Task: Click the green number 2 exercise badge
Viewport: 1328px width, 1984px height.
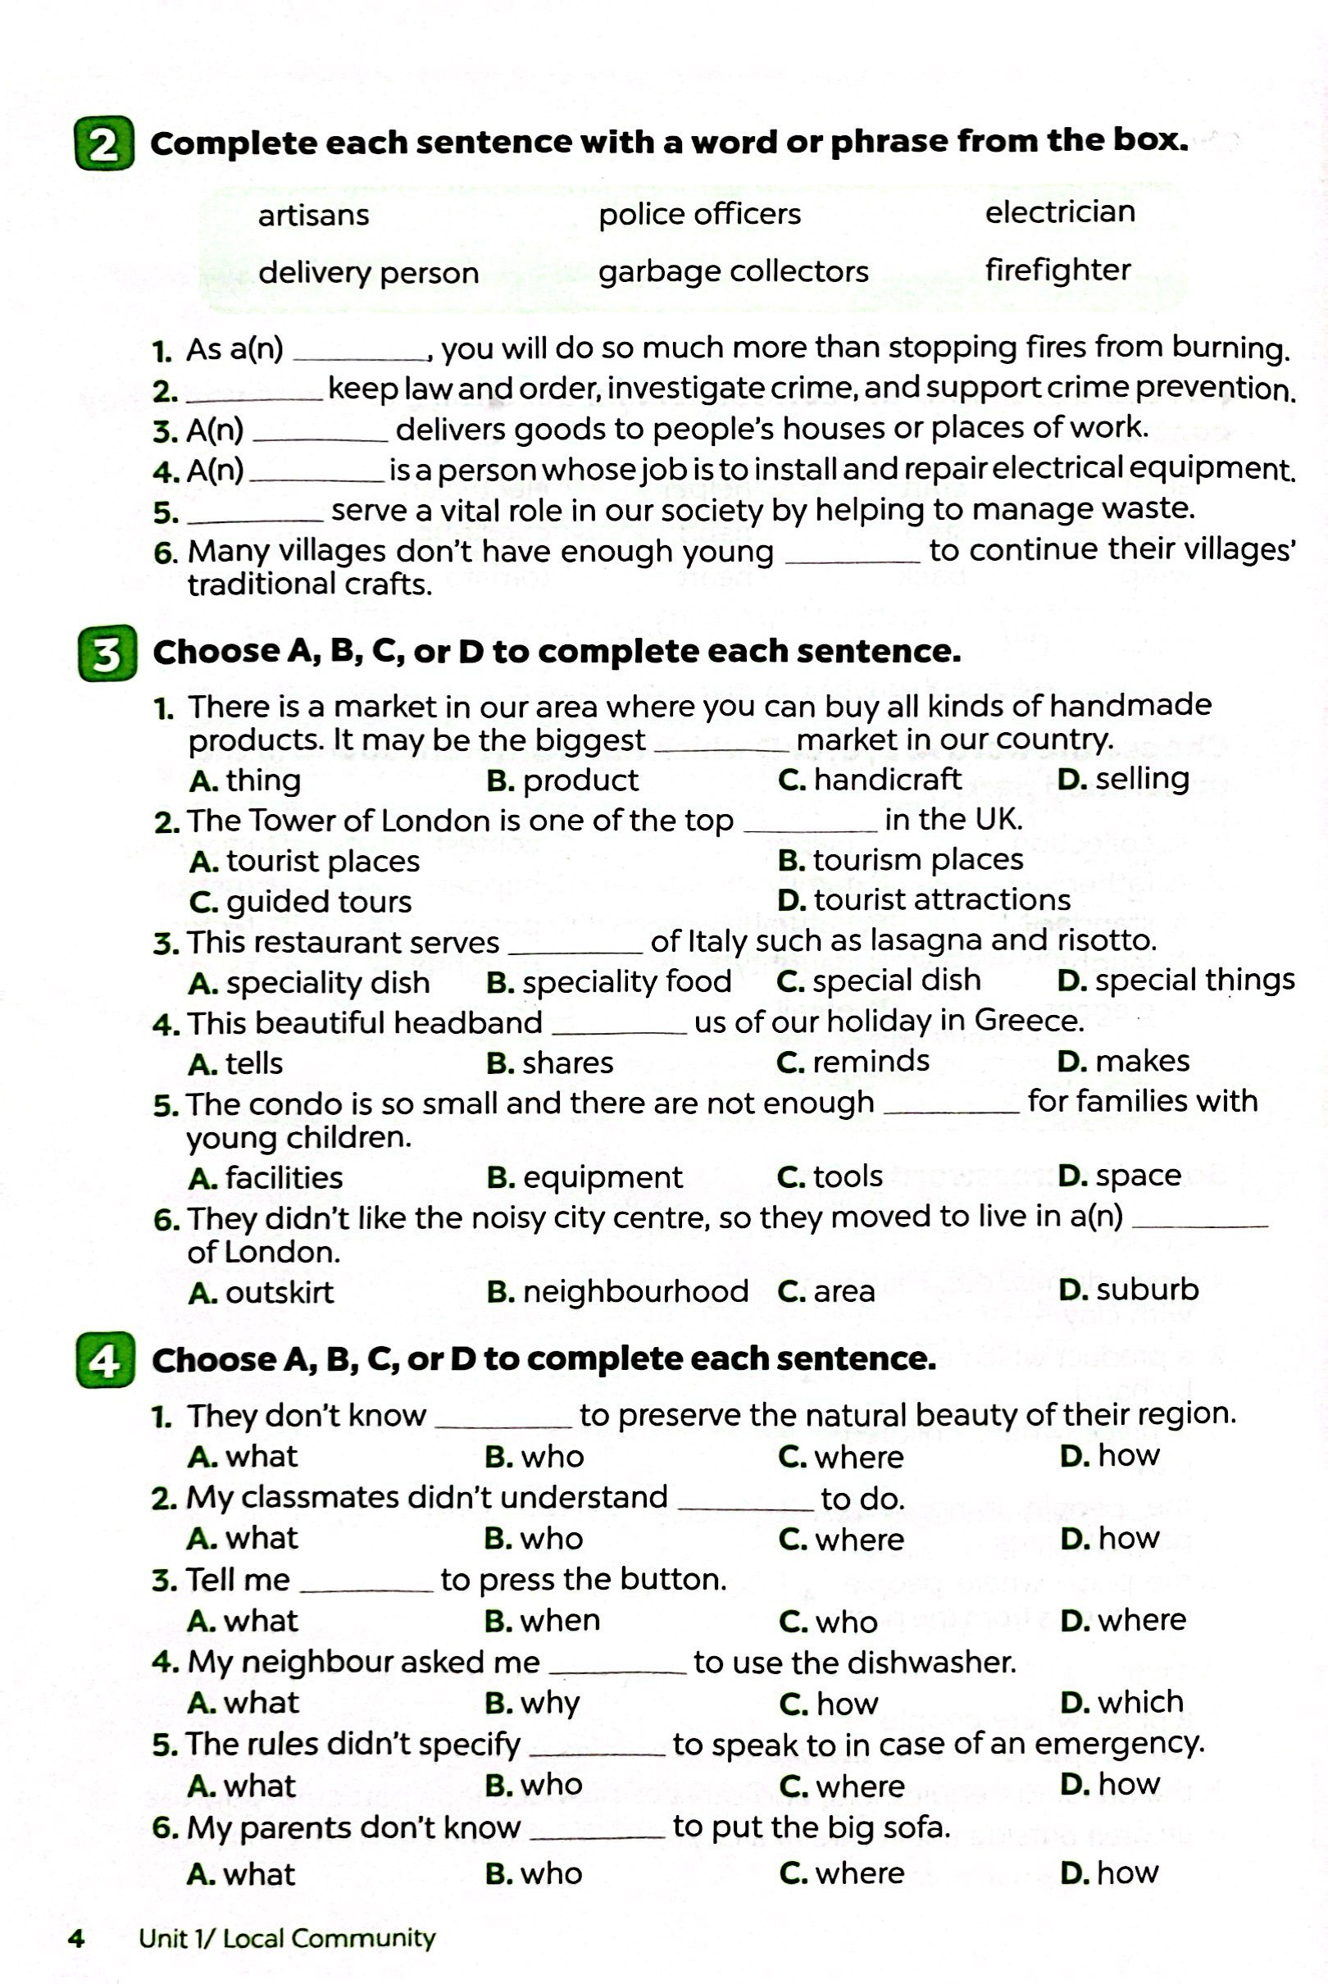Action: point(104,144)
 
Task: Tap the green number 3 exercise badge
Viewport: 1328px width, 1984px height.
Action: point(107,653)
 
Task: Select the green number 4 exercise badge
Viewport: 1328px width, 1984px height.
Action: point(105,1361)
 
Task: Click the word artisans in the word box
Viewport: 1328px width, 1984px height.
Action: point(313,215)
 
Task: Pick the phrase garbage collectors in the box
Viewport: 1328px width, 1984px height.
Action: point(734,272)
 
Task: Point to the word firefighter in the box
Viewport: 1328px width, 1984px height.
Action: point(1057,270)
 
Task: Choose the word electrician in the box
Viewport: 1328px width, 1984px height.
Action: point(1059,212)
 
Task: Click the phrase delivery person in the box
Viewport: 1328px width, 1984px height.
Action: point(368,273)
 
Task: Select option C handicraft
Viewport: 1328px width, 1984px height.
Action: point(870,780)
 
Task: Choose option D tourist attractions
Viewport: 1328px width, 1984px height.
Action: point(924,900)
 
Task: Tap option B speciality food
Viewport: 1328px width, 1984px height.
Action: point(609,982)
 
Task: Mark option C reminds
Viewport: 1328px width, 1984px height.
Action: point(853,1062)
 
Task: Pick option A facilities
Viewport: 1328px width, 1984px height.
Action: point(266,1178)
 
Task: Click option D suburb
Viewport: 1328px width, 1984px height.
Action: point(1129,1290)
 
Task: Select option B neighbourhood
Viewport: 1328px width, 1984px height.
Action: point(617,1291)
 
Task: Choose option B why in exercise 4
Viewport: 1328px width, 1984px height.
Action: point(533,1702)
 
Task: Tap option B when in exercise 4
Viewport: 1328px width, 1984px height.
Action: point(542,1621)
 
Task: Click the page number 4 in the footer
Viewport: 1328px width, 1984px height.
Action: point(76,1938)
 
